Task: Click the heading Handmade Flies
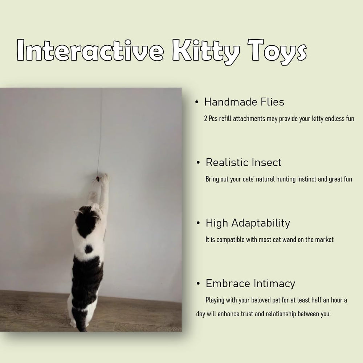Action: point(244,102)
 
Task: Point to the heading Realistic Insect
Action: point(243,162)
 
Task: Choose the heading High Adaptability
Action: point(248,223)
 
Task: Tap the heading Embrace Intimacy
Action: point(250,283)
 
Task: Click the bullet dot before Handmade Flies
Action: point(197,103)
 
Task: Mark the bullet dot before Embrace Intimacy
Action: point(198,284)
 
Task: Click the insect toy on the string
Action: point(98,178)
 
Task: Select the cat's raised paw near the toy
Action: point(105,178)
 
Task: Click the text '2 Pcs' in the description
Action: point(211,119)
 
